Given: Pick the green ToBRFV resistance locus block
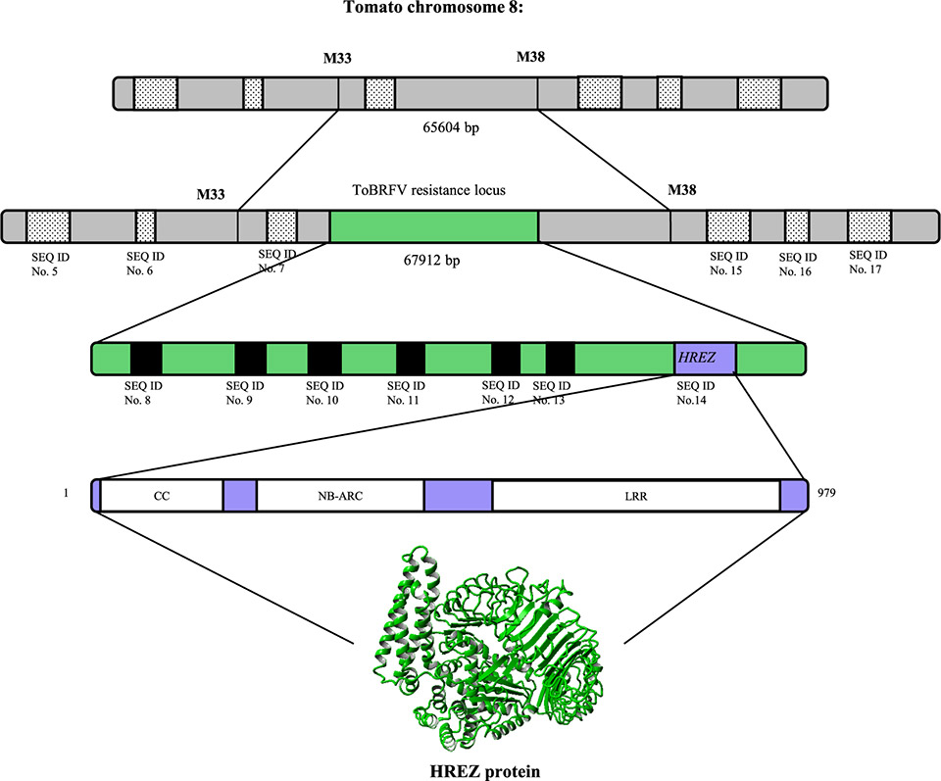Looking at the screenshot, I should (434, 225).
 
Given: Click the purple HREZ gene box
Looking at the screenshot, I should (704, 359).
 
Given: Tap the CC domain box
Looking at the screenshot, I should (162, 496).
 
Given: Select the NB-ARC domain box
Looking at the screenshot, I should (339, 496).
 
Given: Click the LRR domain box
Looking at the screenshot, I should (635, 496).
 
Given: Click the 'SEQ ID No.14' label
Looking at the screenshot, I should (698, 392).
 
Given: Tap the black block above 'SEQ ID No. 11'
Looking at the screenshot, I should (411, 359).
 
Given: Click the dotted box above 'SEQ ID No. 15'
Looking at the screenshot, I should (728, 226).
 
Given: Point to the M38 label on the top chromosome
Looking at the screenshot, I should (530, 57).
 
